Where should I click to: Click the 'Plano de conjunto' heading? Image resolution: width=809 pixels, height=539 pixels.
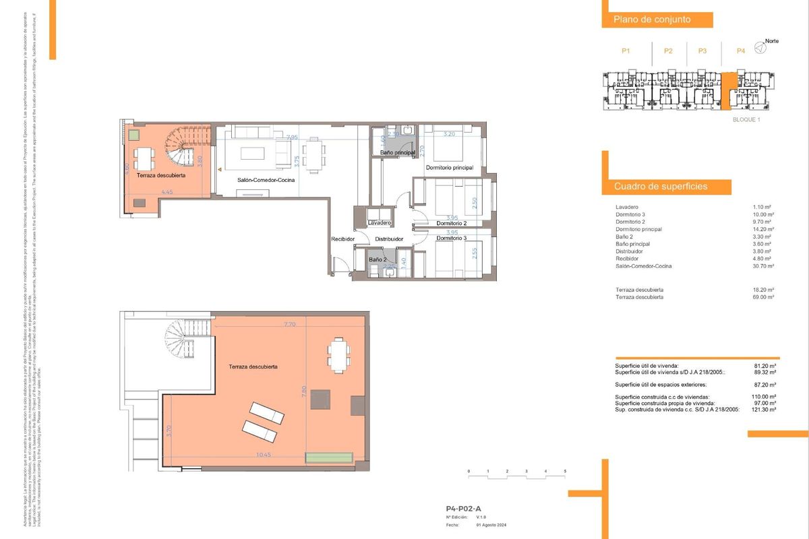coord(651,20)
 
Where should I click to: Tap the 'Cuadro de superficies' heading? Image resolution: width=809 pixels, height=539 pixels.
coord(660,186)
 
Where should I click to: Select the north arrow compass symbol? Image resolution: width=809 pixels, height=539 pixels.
coord(760,47)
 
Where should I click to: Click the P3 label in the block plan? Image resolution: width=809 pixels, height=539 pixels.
coord(702,51)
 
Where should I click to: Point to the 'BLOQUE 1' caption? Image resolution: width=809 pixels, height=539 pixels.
coord(746,119)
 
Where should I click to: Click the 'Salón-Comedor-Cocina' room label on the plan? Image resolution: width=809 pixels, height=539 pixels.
coord(266,180)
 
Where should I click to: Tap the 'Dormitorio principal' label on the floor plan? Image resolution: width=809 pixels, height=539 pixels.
coord(449,167)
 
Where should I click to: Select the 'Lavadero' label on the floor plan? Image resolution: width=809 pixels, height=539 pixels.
coord(380,222)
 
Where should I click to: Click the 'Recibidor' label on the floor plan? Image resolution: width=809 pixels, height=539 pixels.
coord(343,239)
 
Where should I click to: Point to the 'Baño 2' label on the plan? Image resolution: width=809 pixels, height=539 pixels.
coord(377,259)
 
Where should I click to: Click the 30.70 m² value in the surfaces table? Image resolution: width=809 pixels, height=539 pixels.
coord(763,266)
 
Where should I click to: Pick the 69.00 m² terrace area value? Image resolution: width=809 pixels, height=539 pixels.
coord(763,296)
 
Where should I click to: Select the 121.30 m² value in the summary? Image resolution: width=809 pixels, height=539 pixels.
coord(763,410)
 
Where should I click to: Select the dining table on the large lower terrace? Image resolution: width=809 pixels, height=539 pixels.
coord(338,354)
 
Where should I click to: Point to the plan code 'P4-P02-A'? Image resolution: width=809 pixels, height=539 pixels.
coord(463,509)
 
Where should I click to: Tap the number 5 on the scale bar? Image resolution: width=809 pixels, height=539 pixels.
coord(565,470)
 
